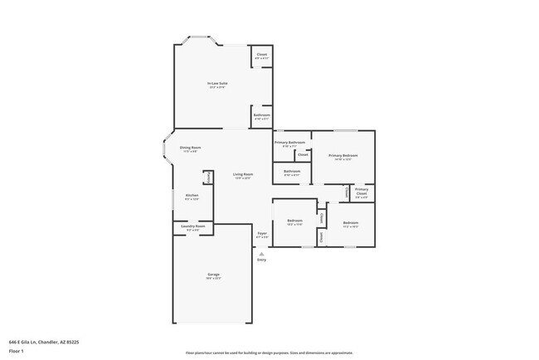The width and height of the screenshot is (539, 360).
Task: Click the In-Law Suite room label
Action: coord(217,83)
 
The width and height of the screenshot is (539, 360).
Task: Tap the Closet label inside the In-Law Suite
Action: coord(261,56)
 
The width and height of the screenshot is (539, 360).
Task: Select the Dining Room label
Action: coord(190,148)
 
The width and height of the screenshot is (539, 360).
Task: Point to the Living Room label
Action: coord(242,174)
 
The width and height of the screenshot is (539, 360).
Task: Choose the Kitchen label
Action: coord(192,196)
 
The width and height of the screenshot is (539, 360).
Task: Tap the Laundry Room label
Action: coord(192,226)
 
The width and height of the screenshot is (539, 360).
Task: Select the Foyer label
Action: coord(262,235)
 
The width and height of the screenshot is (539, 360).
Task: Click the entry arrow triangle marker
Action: coord(262,254)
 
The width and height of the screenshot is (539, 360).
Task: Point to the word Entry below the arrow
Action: coord(262,260)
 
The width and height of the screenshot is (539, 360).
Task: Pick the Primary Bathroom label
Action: coord(290,143)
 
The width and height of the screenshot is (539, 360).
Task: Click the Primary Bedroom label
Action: coord(342,155)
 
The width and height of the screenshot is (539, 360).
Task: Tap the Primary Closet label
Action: coord(362,193)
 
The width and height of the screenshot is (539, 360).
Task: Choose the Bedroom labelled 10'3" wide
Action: coord(294,221)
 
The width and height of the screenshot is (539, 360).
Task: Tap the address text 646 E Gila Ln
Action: coord(43,341)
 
